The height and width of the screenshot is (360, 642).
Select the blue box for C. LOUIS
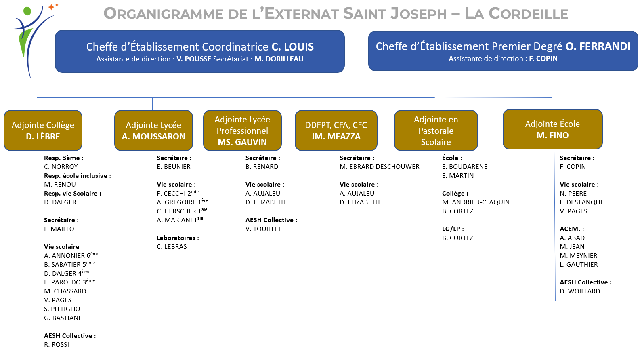coord(200,51)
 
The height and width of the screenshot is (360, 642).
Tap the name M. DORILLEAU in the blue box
coord(279,59)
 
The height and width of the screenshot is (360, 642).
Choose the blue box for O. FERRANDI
coord(503,51)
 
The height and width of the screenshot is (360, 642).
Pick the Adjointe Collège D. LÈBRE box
coord(43,131)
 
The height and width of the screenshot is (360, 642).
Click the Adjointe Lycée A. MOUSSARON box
coord(153,131)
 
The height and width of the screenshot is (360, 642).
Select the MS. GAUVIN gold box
coord(243,131)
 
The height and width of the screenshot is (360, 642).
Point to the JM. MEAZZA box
coord(336,131)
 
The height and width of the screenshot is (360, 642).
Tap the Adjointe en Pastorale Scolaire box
coord(436,131)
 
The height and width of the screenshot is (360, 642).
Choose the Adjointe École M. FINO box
coord(553,129)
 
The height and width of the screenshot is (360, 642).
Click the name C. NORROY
coord(61,166)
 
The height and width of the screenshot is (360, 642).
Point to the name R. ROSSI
coord(57,345)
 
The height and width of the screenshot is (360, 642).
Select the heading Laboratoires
coord(178,238)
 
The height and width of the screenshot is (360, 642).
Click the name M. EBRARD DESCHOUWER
coord(380,166)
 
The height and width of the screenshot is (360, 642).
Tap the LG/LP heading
coord(453,229)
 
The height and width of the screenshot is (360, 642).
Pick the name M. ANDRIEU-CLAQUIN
coord(476,202)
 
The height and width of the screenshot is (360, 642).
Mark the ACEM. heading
coord(572,229)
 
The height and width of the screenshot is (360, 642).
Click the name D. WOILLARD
coord(580,291)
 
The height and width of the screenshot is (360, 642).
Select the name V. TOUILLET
coord(263,229)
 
